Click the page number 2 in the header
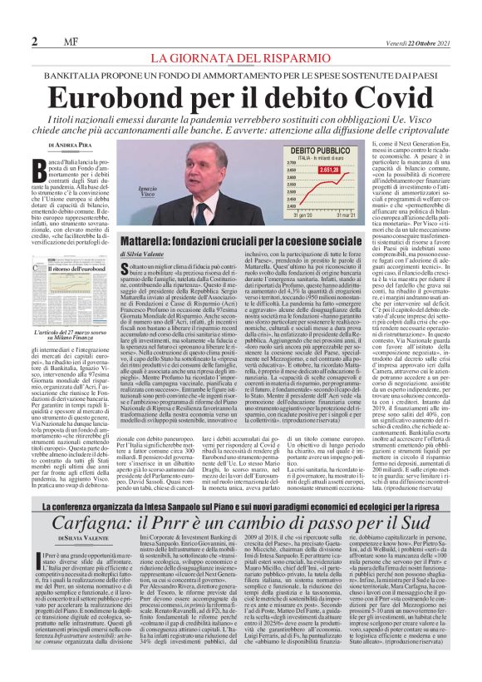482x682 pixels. (x=34, y=42)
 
